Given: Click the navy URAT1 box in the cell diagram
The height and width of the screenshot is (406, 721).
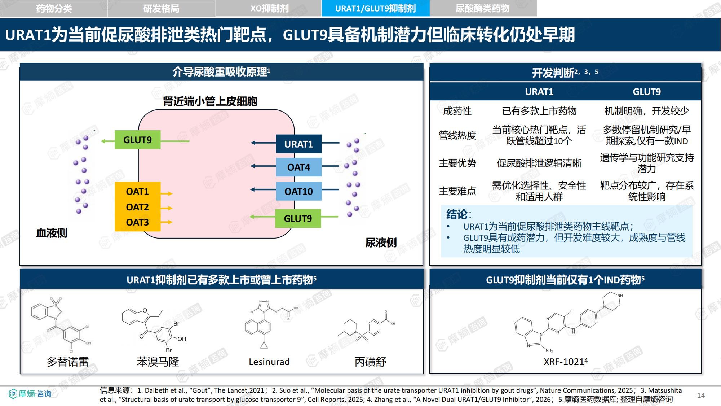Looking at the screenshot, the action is [298, 144].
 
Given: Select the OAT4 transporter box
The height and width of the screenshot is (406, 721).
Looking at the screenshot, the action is [298, 167].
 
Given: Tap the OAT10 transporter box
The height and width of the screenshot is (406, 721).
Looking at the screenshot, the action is [298, 191].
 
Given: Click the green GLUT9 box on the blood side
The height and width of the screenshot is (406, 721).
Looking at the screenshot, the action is [137, 140].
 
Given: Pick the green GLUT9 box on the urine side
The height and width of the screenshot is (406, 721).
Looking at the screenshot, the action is [298, 218].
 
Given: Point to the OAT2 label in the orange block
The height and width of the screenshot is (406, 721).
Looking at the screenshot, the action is [137, 207].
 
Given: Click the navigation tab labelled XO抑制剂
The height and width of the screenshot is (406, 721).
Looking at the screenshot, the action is [269, 8].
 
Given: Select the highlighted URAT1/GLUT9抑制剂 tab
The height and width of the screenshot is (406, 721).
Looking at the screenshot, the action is [375, 8].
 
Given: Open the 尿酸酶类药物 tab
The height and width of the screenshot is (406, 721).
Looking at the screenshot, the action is [483, 8].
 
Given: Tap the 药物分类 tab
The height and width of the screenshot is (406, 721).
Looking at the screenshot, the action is [54, 8].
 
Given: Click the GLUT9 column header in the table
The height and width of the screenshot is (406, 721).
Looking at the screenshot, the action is [647, 92].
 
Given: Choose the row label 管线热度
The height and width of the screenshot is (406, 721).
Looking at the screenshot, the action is [457, 135].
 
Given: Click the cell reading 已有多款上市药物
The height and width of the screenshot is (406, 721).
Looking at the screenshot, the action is [539, 111].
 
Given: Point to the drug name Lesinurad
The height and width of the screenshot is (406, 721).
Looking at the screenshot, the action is [269, 362].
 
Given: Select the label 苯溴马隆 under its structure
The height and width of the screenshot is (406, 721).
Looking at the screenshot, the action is [158, 362].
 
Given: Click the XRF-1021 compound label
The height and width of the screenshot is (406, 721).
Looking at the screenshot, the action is [565, 361].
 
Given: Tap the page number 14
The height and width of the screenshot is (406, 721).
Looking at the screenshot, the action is [701, 395].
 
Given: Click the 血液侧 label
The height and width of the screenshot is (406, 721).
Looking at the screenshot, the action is [52, 233].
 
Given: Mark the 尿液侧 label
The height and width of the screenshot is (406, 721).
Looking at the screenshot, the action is [381, 243].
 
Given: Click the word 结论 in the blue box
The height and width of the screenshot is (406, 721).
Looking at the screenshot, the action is [457, 214].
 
